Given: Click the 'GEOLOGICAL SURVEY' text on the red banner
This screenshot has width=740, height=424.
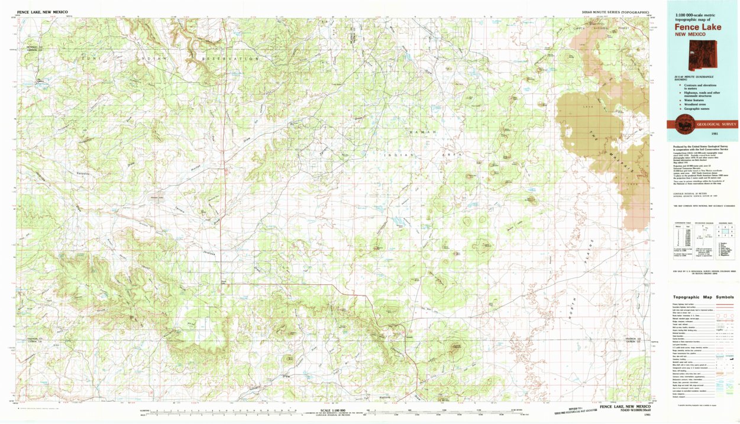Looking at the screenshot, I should [716, 125].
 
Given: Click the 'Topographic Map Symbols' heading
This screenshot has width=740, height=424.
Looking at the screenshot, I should [703, 297].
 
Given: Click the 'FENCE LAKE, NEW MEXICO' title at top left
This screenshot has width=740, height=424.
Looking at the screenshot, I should [42, 12].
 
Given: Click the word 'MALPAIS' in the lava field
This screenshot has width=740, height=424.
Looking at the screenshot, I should [607, 157].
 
